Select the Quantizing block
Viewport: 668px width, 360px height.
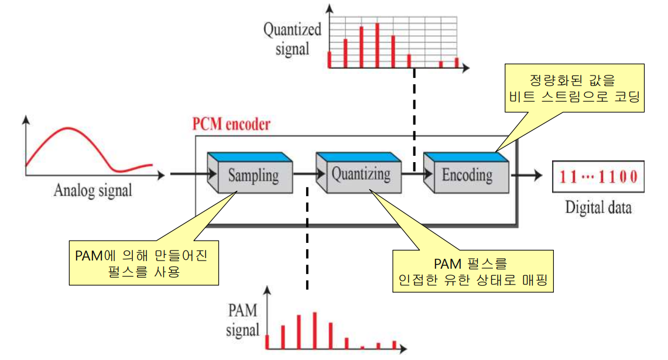[361, 174]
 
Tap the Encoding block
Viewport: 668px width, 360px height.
[467, 174]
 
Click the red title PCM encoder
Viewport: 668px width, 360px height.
[232, 125]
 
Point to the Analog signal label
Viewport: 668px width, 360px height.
[93, 191]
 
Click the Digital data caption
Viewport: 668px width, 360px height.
[598, 207]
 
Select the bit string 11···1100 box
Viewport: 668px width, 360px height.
[597, 176]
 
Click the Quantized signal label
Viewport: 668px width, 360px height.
[292, 39]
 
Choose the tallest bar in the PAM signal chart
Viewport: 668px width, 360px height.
[315, 331]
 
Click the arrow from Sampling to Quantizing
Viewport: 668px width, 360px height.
[303, 174]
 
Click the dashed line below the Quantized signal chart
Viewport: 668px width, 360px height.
[414, 117]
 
